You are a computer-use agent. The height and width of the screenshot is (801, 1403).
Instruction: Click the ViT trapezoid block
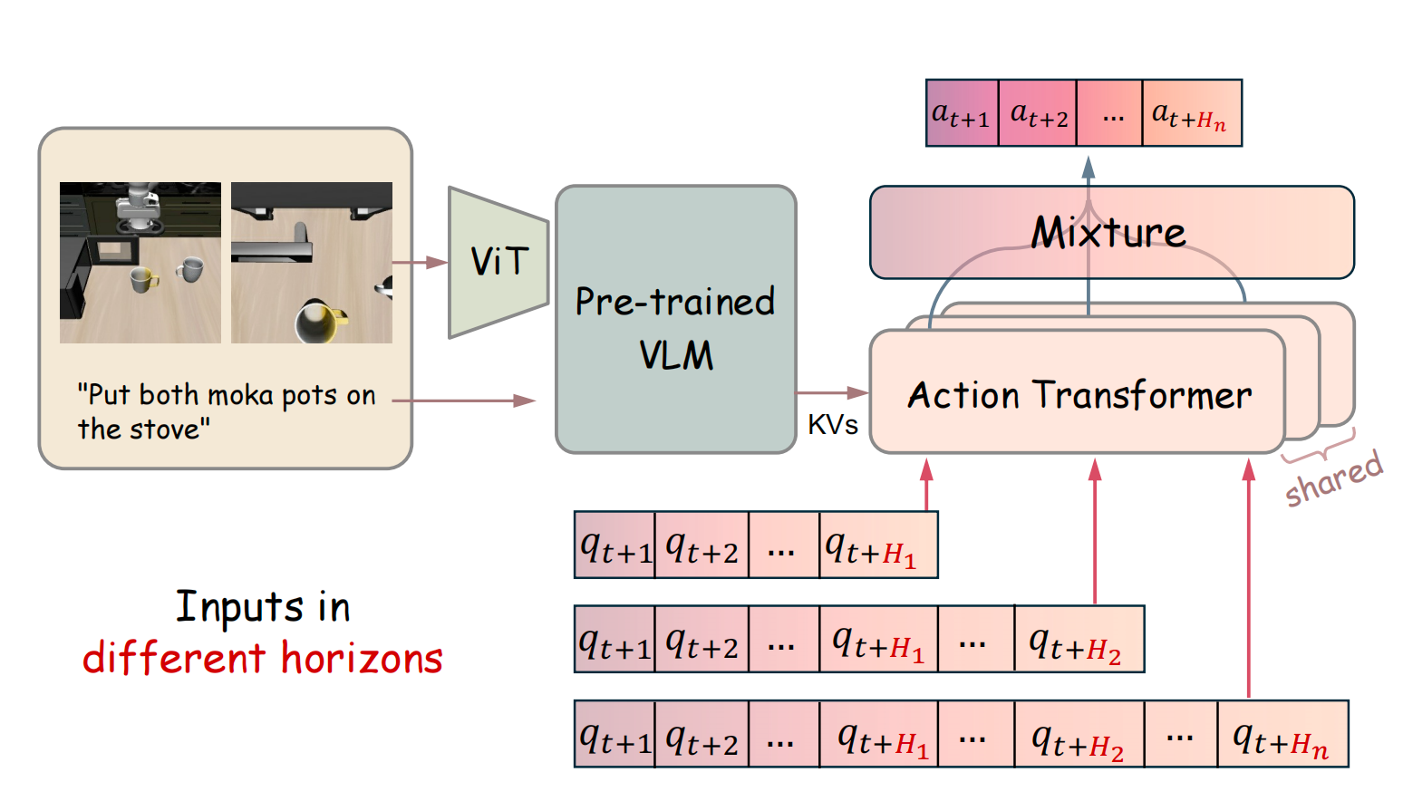[x=498, y=262]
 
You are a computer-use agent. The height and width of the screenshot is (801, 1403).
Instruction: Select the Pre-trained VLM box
[x=675, y=320]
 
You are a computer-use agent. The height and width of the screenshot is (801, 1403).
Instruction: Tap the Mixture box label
[x=1108, y=233]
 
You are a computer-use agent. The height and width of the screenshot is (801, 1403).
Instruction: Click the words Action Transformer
[x=1079, y=395]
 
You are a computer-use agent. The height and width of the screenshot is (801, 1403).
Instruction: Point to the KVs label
[x=832, y=425]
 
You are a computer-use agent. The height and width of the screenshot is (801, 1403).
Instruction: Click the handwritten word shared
[x=1333, y=478]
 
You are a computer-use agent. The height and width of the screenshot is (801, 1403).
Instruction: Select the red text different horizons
[x=262, y=658]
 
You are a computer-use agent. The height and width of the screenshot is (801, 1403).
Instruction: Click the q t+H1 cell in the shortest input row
[x=877, y=545]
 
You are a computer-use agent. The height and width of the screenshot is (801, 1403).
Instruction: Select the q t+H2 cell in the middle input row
[x=1079, y=641]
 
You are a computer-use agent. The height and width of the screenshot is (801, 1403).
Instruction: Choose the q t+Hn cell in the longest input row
[x=1282, y=735]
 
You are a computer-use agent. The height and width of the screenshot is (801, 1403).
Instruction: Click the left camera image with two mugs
[x=140, y=263]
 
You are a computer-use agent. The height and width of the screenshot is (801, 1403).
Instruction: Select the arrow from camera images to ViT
[x=420, y=263]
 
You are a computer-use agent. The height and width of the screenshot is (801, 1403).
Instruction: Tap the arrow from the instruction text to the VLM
[x=464, y=400]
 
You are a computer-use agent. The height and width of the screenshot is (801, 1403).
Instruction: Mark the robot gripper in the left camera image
[x=137, y=207]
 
